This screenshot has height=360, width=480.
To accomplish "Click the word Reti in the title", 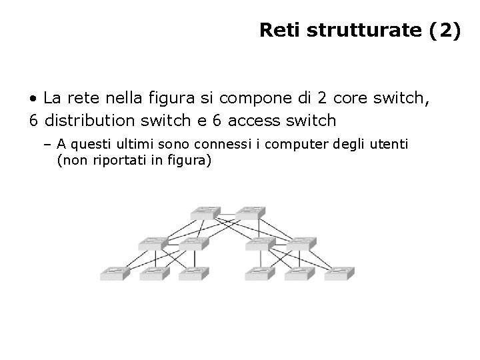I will coord(276,31).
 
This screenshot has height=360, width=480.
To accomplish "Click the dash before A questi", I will coord(50,143).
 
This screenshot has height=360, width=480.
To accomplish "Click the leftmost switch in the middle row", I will coord(152,243).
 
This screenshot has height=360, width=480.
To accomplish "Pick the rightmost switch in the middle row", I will coord(303,243).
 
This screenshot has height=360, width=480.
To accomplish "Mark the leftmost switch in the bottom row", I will coord(113,273).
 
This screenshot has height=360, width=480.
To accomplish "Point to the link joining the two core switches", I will coord(228,215).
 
